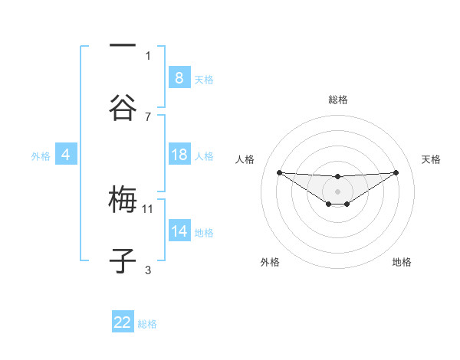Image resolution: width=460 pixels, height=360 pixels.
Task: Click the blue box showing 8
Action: pos(179,77)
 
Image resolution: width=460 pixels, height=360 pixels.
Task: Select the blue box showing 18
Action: pos(179,155)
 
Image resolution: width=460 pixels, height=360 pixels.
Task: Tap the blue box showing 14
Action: pos(179,231)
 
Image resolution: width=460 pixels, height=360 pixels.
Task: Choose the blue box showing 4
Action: pos(65,155)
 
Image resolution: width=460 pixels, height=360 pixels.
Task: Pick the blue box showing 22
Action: pos(123,322)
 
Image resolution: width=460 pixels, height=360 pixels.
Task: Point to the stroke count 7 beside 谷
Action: pos(148,116)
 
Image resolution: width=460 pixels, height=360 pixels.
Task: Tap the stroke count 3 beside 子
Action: pos(148,270)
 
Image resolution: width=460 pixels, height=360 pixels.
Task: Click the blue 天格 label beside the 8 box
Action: pos(204,79)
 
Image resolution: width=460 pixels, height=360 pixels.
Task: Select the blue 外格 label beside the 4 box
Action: pos(41,155)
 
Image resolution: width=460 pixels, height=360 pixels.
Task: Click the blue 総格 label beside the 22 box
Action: pos(147,323)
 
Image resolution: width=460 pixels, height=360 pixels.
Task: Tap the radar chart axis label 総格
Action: pos(337,100)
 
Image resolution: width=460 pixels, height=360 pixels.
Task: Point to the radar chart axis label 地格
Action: pos(402,262)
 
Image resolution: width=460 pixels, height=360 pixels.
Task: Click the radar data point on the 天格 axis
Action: pos(396,172)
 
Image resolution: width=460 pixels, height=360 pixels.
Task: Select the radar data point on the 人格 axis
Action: pos(279,172)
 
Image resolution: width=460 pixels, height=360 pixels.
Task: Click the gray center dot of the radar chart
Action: pos(337,191)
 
